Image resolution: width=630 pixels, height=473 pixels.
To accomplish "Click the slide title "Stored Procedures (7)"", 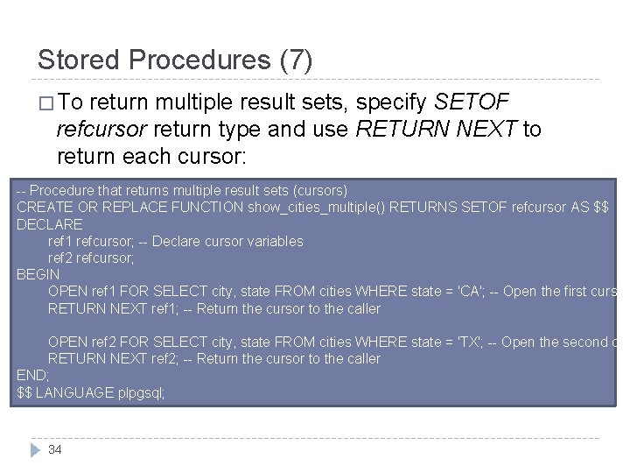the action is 175,60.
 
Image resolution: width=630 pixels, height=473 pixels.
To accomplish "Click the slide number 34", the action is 56,449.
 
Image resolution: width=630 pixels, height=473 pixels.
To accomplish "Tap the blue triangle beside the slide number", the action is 36,449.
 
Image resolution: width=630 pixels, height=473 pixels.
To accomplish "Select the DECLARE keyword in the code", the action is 50,223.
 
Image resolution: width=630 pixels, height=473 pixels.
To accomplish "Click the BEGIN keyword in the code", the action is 38,274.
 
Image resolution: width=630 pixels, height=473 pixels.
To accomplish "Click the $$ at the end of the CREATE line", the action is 599,207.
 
